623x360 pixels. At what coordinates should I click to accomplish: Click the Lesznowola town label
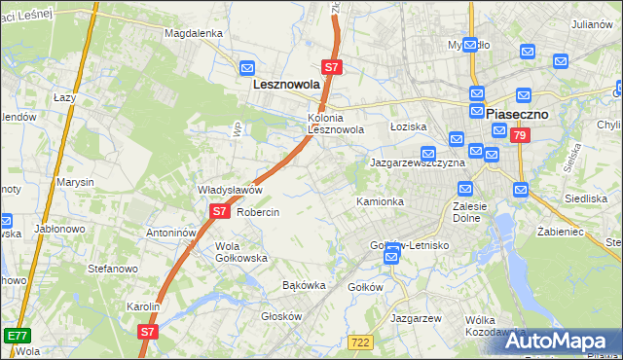click(x=286, y=85)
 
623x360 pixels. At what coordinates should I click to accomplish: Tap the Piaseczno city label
click(x=519, y=114)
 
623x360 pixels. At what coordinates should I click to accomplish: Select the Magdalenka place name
click(x=194, y=32)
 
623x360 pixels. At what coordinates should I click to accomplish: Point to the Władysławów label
click(x=231, y=190)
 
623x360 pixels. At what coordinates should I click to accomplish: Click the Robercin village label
click(x=258, y=212)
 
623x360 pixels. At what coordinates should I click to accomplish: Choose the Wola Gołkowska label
click(x=241, y=252)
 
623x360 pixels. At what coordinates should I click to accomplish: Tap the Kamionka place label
click(x=380, y=201)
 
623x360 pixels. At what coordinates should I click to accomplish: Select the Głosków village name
click(x=283, y=316)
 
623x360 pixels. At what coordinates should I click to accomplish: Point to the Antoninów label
click(x=171, y=234)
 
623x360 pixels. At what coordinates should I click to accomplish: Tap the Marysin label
click(x=76, y=182)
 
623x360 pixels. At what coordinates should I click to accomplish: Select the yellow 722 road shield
click(x=360, y=341)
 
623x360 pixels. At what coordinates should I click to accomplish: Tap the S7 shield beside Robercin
click(x=219, y=210)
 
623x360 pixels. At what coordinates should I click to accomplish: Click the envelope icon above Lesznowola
click(x=247, y=68)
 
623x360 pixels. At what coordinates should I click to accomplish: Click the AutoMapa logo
click(x=561, y=342)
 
